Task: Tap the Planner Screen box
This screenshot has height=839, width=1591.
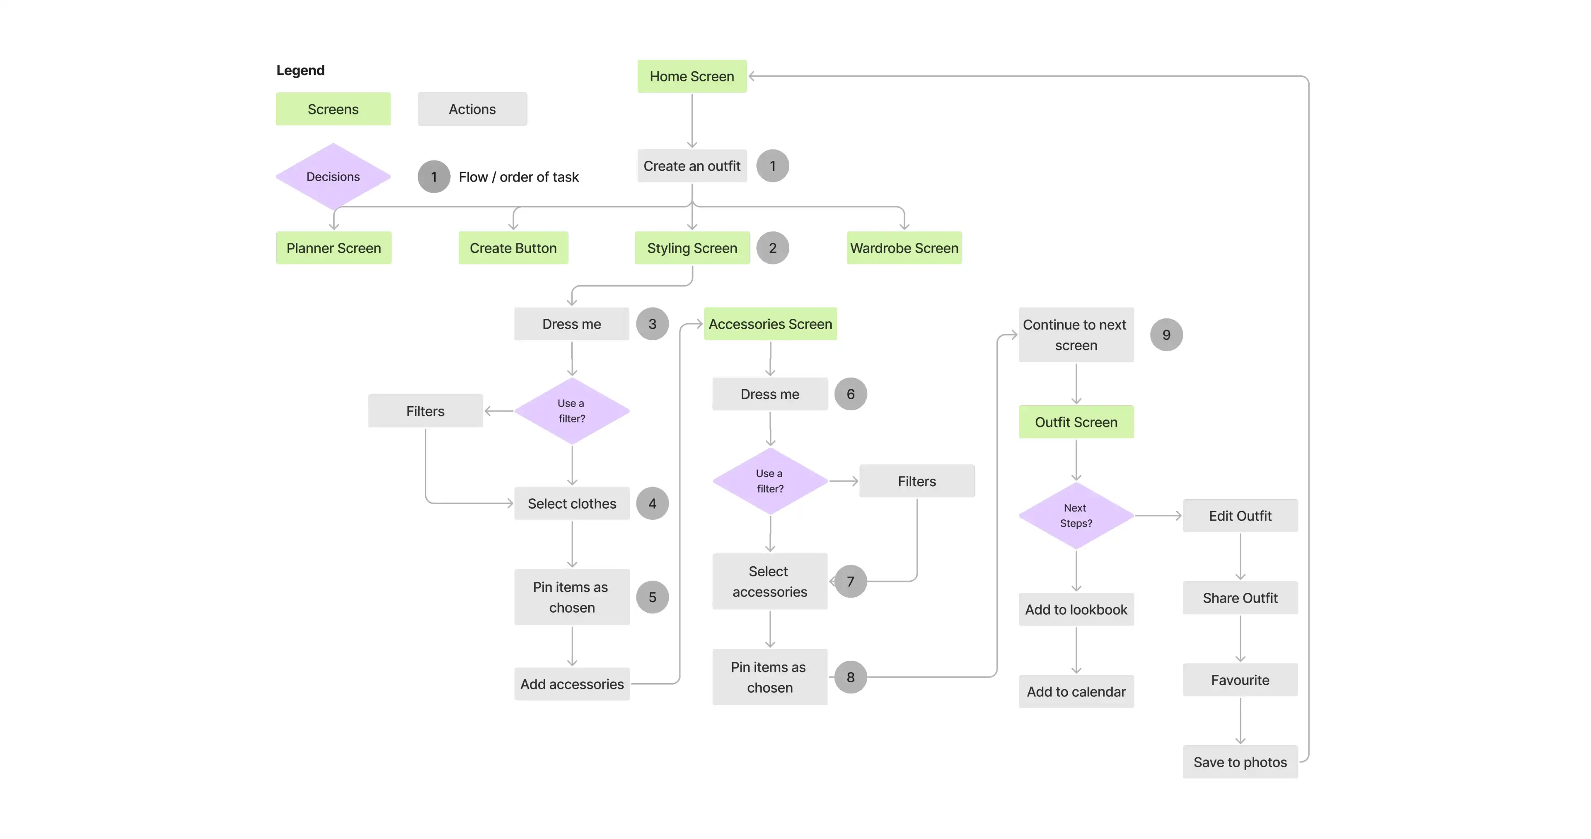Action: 334,248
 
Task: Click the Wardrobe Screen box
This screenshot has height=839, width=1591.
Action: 904,248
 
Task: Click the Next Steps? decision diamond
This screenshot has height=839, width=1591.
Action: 1076,515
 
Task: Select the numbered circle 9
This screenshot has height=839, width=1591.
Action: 1166,335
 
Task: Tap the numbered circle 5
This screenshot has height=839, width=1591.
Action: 652,597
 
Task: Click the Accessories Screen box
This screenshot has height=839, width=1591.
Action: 770,324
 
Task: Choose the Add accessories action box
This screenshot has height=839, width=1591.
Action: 572,684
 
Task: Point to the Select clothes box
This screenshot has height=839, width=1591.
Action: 572,504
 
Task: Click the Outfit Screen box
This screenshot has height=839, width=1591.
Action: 1076,422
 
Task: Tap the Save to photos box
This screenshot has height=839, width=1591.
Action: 1240,762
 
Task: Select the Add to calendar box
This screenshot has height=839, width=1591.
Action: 1076,691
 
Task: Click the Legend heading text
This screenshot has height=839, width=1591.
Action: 300,70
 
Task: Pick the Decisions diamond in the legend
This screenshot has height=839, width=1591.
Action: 333,177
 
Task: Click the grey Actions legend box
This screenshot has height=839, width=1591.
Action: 472,109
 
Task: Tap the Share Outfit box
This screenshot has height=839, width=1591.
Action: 1240,597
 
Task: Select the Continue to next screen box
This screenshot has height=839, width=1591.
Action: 1076,335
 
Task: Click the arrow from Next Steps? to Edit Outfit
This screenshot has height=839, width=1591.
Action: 1158,515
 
